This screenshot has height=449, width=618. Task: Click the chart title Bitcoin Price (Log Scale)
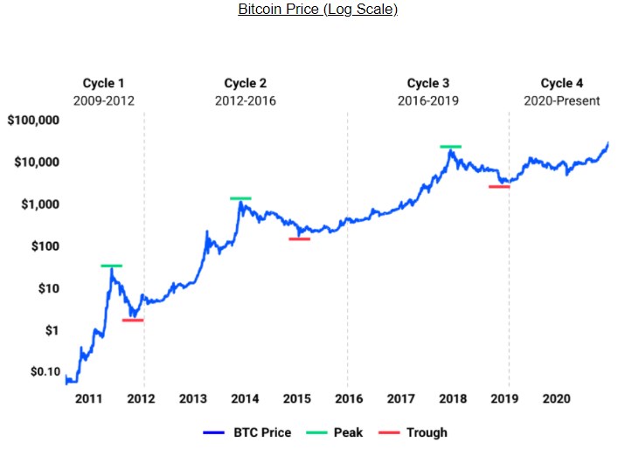coord(317,10)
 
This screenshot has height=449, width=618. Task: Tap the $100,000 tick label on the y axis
coord(32,121)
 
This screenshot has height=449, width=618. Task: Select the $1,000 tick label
coord(38,204)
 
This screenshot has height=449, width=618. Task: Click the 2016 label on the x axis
coord(347,399)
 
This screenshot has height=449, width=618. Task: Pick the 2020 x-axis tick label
coord(556,399)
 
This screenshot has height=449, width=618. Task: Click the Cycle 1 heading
coord(103,84)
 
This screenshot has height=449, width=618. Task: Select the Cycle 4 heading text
coord(562,84)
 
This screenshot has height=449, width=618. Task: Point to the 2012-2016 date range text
coord(245,101)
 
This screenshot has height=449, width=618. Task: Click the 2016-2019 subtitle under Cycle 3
coord(428,101)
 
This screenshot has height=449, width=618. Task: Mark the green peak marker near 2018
coord(450,147)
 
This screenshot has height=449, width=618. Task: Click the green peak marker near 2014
coord(240,198)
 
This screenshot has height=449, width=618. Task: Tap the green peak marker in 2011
coord(111,266)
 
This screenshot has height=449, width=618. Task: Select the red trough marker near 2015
coord(299,238)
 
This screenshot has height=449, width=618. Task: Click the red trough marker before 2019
coord(499,187)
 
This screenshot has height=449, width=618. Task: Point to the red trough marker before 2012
coord(133,321)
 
